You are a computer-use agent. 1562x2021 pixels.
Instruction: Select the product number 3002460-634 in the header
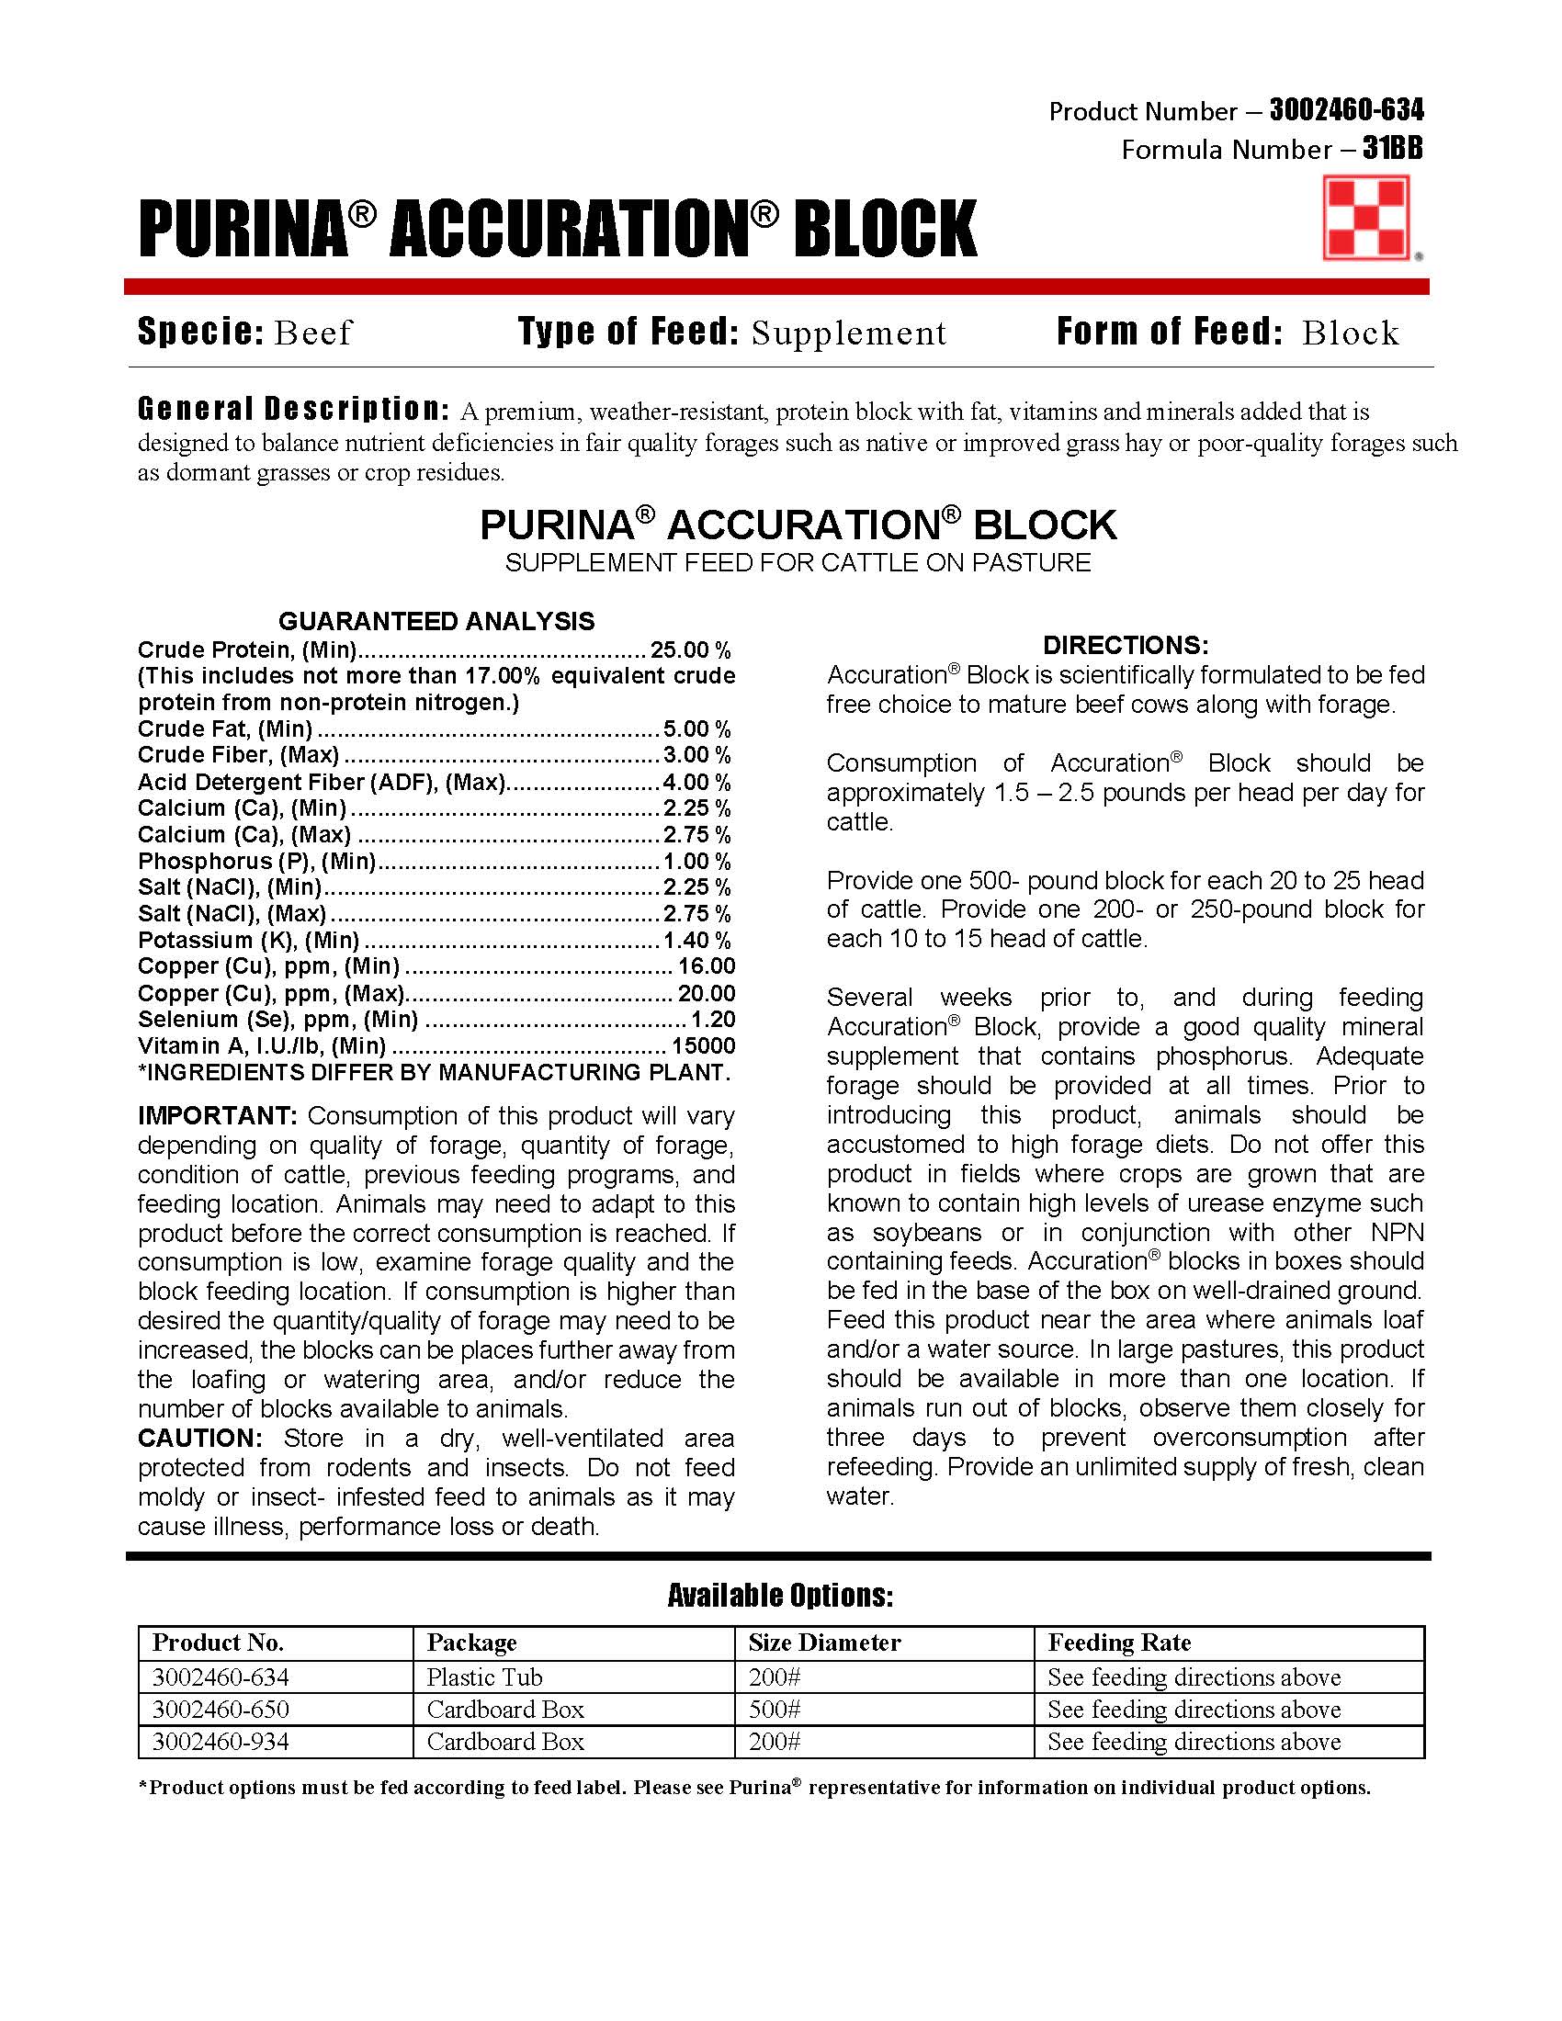[1346, 111]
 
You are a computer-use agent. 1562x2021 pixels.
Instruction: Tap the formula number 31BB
[1393, 149]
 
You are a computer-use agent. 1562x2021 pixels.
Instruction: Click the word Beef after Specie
[312, 333]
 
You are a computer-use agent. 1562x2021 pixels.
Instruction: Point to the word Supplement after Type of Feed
[849, 333]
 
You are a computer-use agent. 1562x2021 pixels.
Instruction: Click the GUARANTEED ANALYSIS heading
[436, 621]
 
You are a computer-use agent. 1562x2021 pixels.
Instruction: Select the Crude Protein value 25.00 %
[690, 649]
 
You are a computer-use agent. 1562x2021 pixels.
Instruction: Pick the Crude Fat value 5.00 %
[696, 728]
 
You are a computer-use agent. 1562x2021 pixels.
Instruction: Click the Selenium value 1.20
[712, 1020]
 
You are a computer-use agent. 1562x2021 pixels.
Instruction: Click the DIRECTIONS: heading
[1126, 645]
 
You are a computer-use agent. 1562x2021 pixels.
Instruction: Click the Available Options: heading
[780, 1596]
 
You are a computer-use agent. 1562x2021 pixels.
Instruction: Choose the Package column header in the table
[472, 1643]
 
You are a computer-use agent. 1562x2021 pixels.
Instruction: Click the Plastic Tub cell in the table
[484, 1677]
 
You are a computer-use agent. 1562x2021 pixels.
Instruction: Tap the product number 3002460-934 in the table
[221, 1742]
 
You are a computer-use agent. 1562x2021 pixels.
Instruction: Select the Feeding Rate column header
[1119, 1643]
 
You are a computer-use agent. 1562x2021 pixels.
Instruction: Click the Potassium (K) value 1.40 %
[696, 940]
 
